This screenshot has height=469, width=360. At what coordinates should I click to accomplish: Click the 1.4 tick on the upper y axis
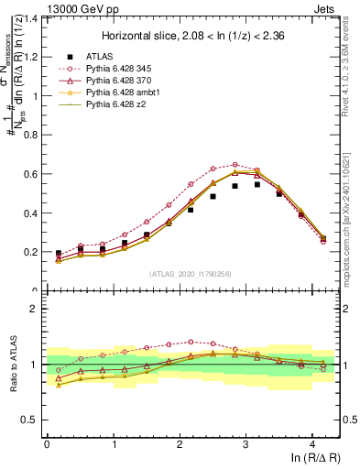pos(30,18)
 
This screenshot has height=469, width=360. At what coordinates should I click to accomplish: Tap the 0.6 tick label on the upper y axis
pos(30,174)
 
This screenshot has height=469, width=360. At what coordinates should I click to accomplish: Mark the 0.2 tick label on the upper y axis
pos(30,252)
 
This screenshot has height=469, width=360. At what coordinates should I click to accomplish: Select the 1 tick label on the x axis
pos(113,444)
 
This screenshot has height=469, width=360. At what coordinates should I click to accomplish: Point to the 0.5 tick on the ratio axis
pos(30,420)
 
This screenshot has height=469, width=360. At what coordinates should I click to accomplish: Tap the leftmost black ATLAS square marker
pos(59,253)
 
